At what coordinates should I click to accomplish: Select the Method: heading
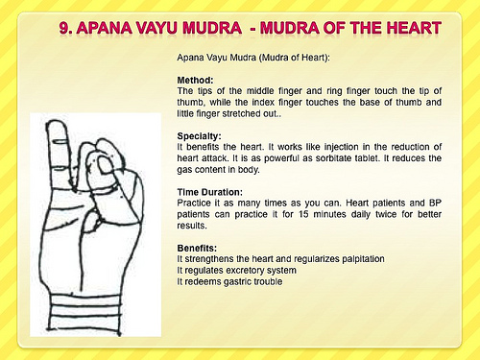click(x=196, y=79)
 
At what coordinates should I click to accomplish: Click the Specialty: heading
click(x=200, y=135)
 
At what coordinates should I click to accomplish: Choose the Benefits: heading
click(x=200, y=249)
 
